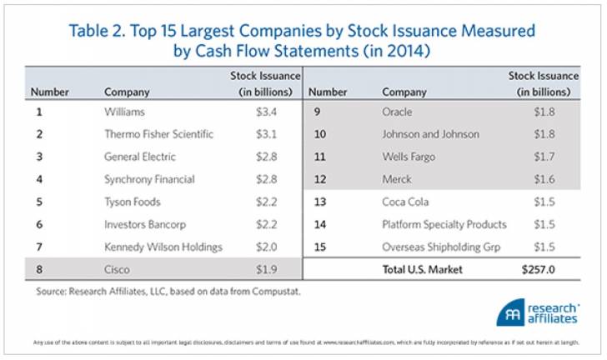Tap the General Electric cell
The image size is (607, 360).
(141, 157)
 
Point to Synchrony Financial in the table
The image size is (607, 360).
(149, 179)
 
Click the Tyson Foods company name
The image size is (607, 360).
(131, 202)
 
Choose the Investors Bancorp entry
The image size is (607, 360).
(143, 224)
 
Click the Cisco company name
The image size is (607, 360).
(118, 269)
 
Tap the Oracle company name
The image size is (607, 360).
(397, 112)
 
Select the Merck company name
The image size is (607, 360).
(397, 179)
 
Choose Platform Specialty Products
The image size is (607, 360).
(444, 224)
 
